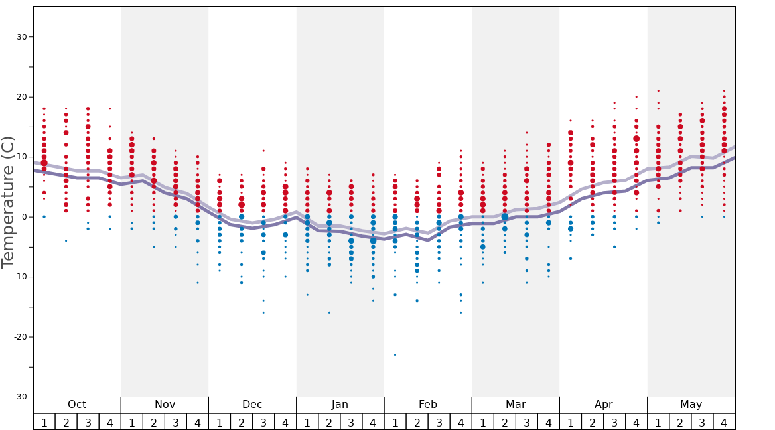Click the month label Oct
(77, 405)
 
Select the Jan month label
(340, 405)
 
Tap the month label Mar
(516, 405)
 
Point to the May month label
(691, 405)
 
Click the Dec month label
(252, 405)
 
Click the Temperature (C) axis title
(8, 202)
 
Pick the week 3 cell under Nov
(176, 422)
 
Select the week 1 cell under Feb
(395, 422)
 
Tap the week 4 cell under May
(724, 422)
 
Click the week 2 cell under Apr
(593, 422)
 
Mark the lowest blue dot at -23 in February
(395, 355)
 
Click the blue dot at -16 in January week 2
(329, 313)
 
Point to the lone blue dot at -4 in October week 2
(66, 240)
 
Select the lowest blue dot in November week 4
(198, 283)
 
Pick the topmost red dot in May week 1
(658, 90)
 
